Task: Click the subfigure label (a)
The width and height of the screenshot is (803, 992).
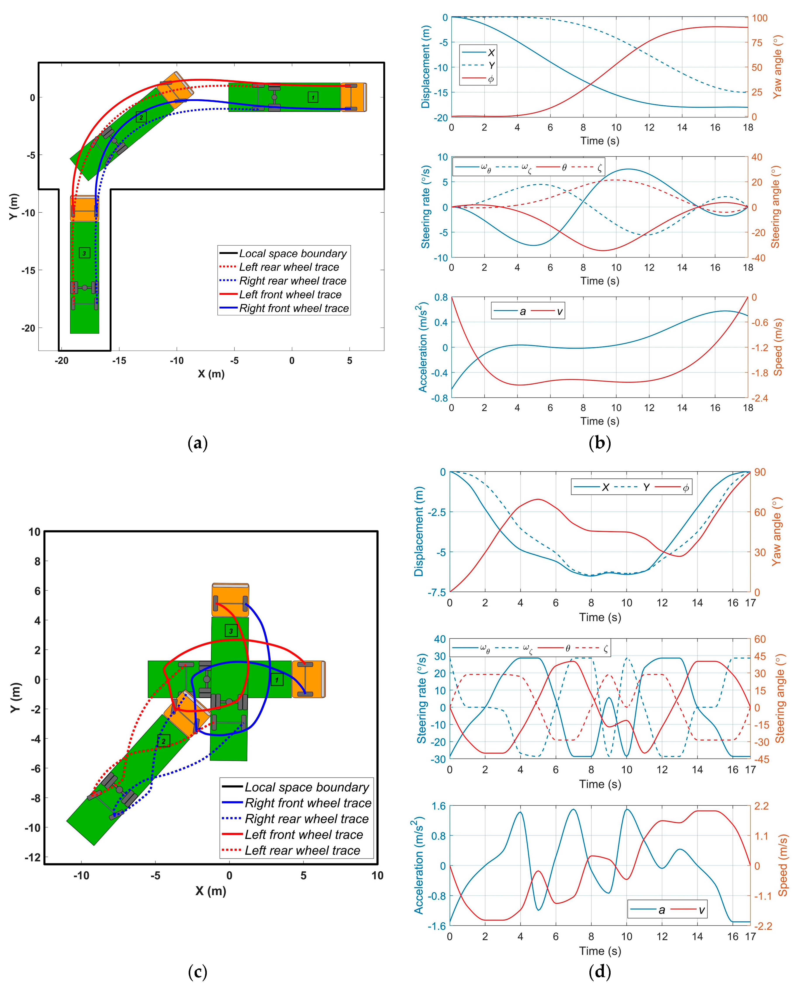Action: point(198,443)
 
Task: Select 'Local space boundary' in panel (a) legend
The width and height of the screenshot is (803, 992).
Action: point(292,254)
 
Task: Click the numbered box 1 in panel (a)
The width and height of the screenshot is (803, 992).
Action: point(313,97)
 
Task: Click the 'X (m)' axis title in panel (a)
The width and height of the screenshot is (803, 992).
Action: point(211,374)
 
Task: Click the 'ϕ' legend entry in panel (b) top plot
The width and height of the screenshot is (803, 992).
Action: point(491,79)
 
